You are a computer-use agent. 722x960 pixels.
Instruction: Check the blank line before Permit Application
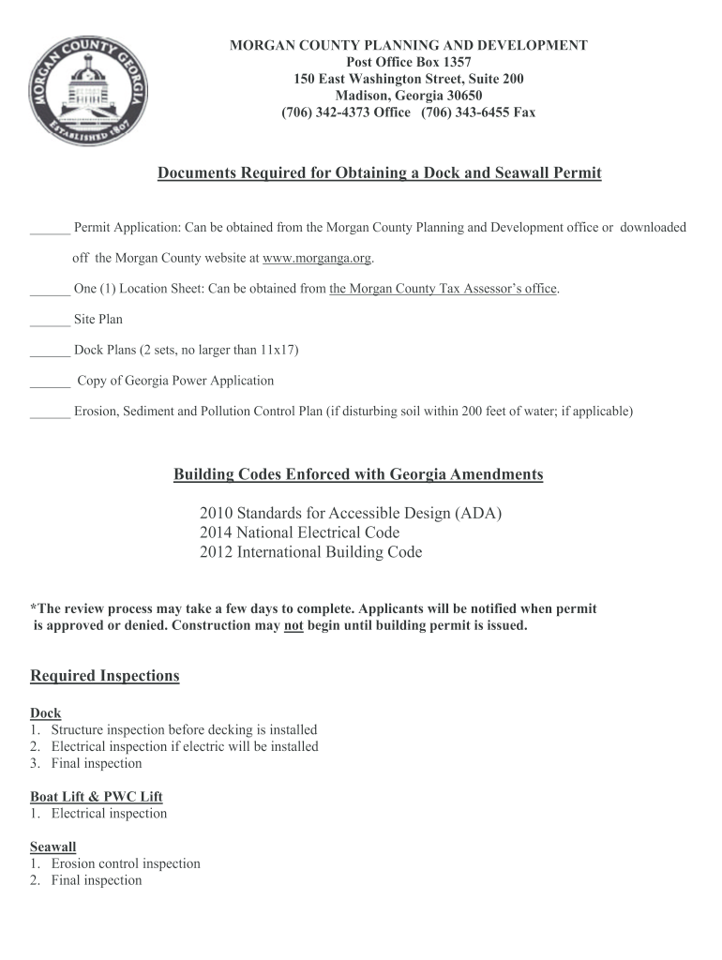[50, 228]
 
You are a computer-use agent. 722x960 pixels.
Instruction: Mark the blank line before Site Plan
[50, 320]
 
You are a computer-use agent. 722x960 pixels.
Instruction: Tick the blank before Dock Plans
[50, 351]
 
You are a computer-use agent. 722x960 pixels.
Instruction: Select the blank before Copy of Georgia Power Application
[50, 382]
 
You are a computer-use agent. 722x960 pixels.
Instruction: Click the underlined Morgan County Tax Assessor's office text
[444, 289]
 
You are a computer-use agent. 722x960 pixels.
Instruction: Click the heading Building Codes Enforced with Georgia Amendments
[358, 474]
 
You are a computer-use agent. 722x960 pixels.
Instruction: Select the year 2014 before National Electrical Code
[217, 532]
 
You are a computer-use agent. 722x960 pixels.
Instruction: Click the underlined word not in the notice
[293, 625]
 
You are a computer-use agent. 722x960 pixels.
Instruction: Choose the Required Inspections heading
[104, 676]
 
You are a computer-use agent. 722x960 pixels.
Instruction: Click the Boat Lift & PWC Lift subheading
[97, 797]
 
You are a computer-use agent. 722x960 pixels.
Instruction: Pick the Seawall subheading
[53, 847]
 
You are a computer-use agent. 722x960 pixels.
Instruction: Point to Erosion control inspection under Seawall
[126, 863]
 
